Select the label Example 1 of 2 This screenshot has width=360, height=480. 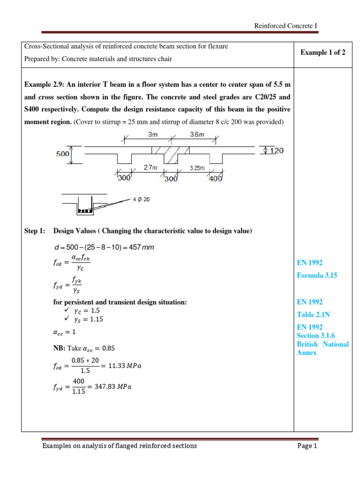click(x=323, y=52)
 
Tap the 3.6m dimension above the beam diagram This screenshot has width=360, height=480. click(x=197, y=134)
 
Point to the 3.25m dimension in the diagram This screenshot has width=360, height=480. click(x=197, y=168)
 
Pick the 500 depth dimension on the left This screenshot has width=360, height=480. click(x=63, y=153)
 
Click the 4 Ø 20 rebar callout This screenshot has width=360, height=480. click(x=141, y=199)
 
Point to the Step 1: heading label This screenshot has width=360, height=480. click(x=35, y=231)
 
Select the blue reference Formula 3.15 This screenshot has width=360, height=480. click(x=317, y=276)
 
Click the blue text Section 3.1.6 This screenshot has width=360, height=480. click(x=316, y=336)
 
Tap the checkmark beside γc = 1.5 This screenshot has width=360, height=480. click(x=66, y=310)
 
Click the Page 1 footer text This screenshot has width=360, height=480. click(x=307, y=446)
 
